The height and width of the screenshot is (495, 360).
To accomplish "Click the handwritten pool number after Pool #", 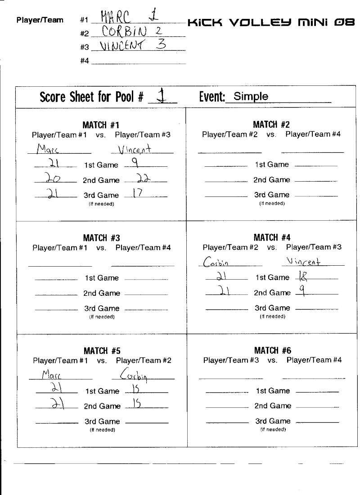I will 158,96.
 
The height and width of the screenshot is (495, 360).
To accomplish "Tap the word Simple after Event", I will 251,96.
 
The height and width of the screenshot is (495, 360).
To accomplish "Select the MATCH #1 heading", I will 101,125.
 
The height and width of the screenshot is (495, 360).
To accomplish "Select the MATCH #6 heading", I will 272,350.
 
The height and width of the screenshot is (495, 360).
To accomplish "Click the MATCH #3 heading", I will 101,238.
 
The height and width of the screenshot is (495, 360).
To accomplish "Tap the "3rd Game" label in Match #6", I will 273,421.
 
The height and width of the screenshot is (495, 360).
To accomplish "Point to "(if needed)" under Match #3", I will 101,317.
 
